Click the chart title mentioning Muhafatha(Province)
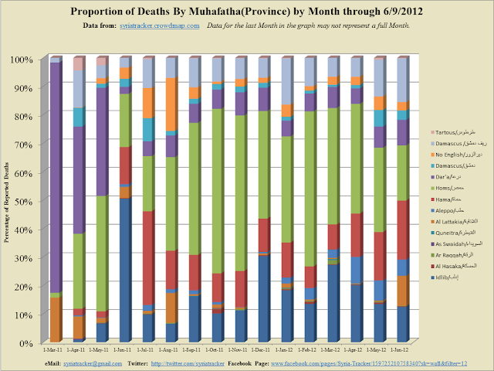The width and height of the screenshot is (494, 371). tap(247, 12)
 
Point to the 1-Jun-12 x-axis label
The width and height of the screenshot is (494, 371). tap(401, 352)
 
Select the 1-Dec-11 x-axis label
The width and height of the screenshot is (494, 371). tap(263, 352)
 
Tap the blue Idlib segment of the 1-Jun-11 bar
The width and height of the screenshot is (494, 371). tap(125, 271)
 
